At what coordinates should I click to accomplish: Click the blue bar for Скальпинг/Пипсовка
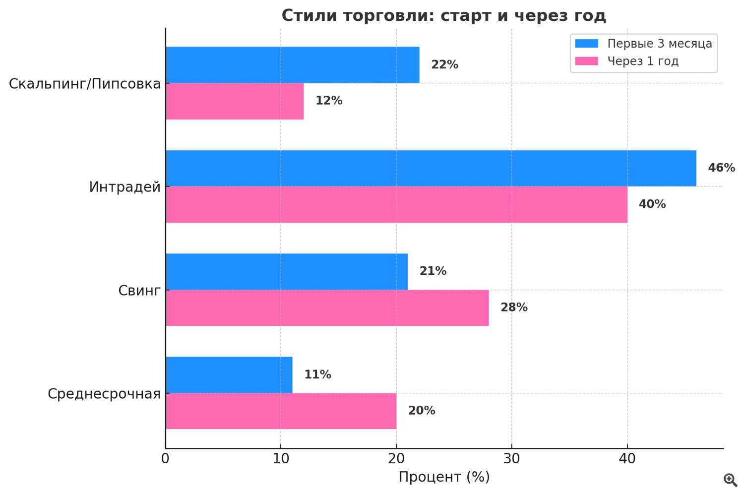tap(292, 65)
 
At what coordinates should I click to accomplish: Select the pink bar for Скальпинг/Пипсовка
tap(235, 101)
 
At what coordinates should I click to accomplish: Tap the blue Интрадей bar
tap(431, 168)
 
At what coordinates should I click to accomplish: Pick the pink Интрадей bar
tap(396, 204)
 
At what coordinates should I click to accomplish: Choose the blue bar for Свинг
tap(287, 272)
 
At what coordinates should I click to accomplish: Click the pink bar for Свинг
tap(327, 308)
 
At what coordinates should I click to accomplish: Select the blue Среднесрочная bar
tap(229, 375)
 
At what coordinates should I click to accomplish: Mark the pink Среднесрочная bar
tap(281, 411)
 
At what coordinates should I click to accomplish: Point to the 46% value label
tap(721, 168)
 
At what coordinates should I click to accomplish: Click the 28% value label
tap(514, 308)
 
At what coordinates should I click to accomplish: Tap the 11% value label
tap(317, 374)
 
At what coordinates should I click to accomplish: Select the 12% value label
tap(329, 101)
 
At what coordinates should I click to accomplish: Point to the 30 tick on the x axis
tap(511, 459)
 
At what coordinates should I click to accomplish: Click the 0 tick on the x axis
tap(165, 459)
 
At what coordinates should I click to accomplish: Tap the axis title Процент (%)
tap(444, 477)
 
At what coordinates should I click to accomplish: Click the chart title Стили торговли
tap(443, 15)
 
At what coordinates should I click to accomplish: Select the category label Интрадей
tap(125, 187)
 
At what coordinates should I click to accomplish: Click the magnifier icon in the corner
tap(730, 480)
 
